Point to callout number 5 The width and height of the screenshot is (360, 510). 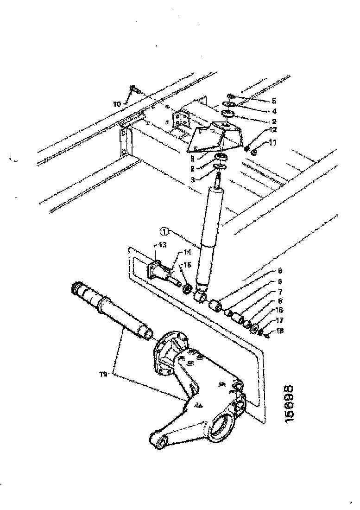pos(274,101)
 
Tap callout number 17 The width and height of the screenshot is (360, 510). pos(279,320)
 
